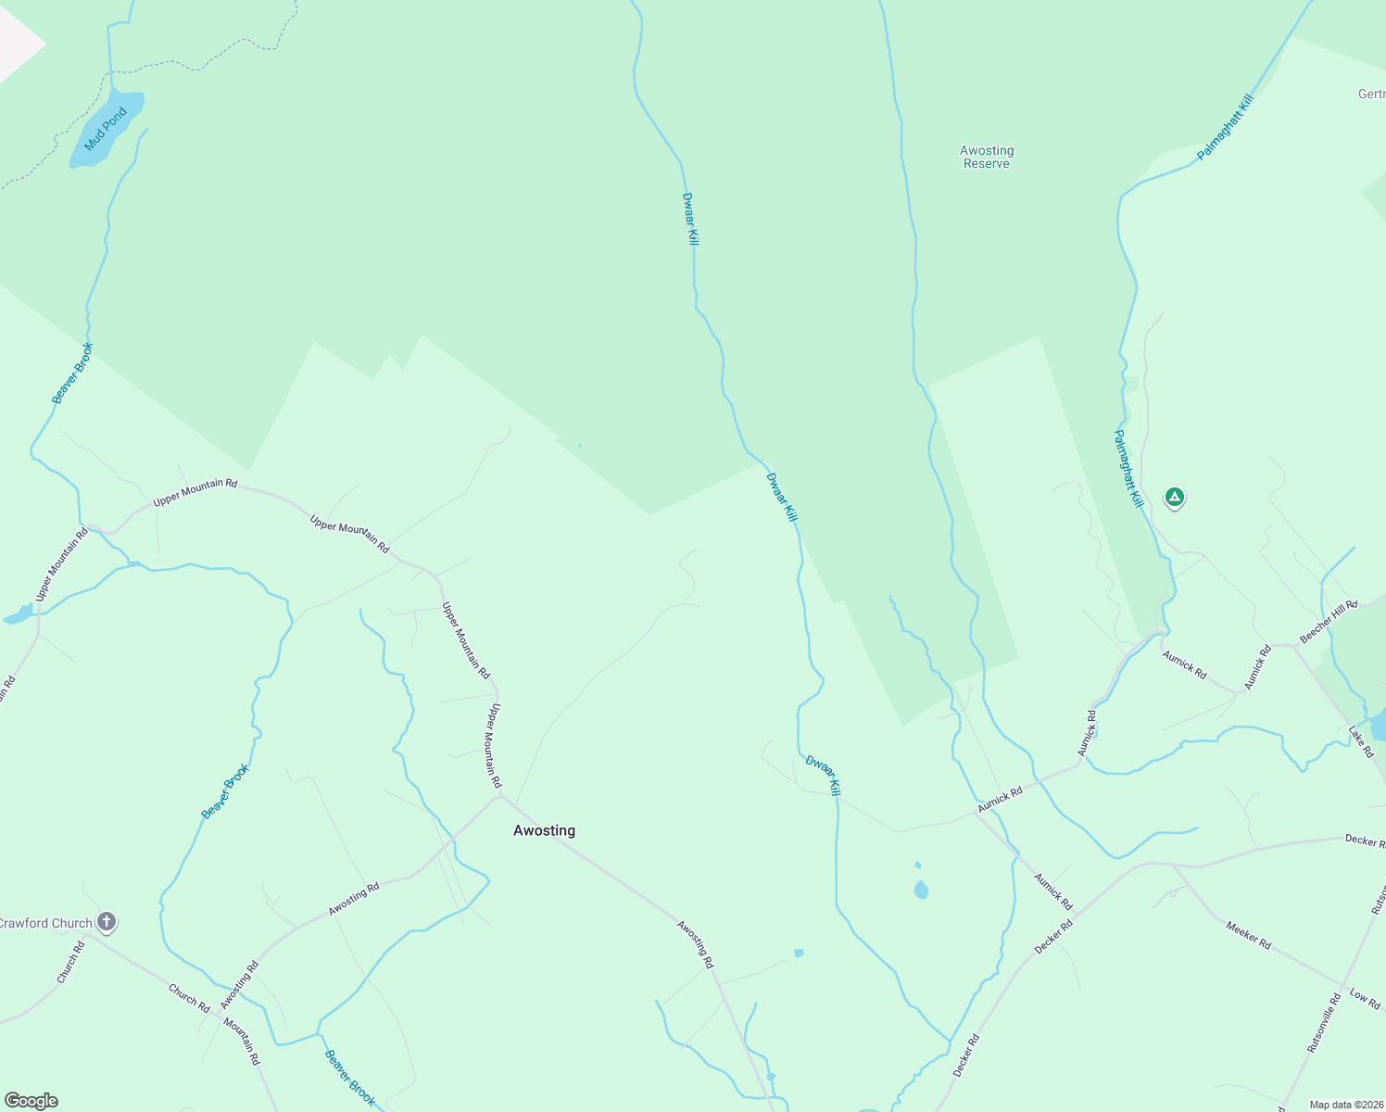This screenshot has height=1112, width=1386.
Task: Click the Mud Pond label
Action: [106, 129]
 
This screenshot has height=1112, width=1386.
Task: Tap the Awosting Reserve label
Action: [986, 157]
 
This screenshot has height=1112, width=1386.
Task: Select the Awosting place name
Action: [544, 830]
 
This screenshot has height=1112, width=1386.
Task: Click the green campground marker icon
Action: [1174, 498]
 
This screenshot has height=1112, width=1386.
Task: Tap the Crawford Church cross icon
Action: [107, 921]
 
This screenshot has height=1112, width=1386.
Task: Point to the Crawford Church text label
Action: [46, 923]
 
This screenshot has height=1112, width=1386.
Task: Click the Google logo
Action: [31, 1101]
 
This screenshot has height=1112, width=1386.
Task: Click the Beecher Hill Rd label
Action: [1328, 621]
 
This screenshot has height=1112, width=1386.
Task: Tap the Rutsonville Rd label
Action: [1323, 1022]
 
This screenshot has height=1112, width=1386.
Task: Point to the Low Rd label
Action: [1364, 997]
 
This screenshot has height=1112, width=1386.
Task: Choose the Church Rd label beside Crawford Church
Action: [71, 962]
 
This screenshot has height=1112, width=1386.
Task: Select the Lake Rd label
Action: [1360, 741]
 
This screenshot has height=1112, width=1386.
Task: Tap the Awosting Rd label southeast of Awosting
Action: [695, 943]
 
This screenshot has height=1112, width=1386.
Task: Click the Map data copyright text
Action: [1345, 1105]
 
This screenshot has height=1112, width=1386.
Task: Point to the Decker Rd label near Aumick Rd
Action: [1052, 937]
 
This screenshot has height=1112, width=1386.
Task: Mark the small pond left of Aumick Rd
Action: [920, 890]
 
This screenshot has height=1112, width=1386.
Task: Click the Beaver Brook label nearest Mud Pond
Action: [72, 373]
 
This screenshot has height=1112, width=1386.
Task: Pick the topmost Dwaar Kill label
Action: [690, 218]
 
